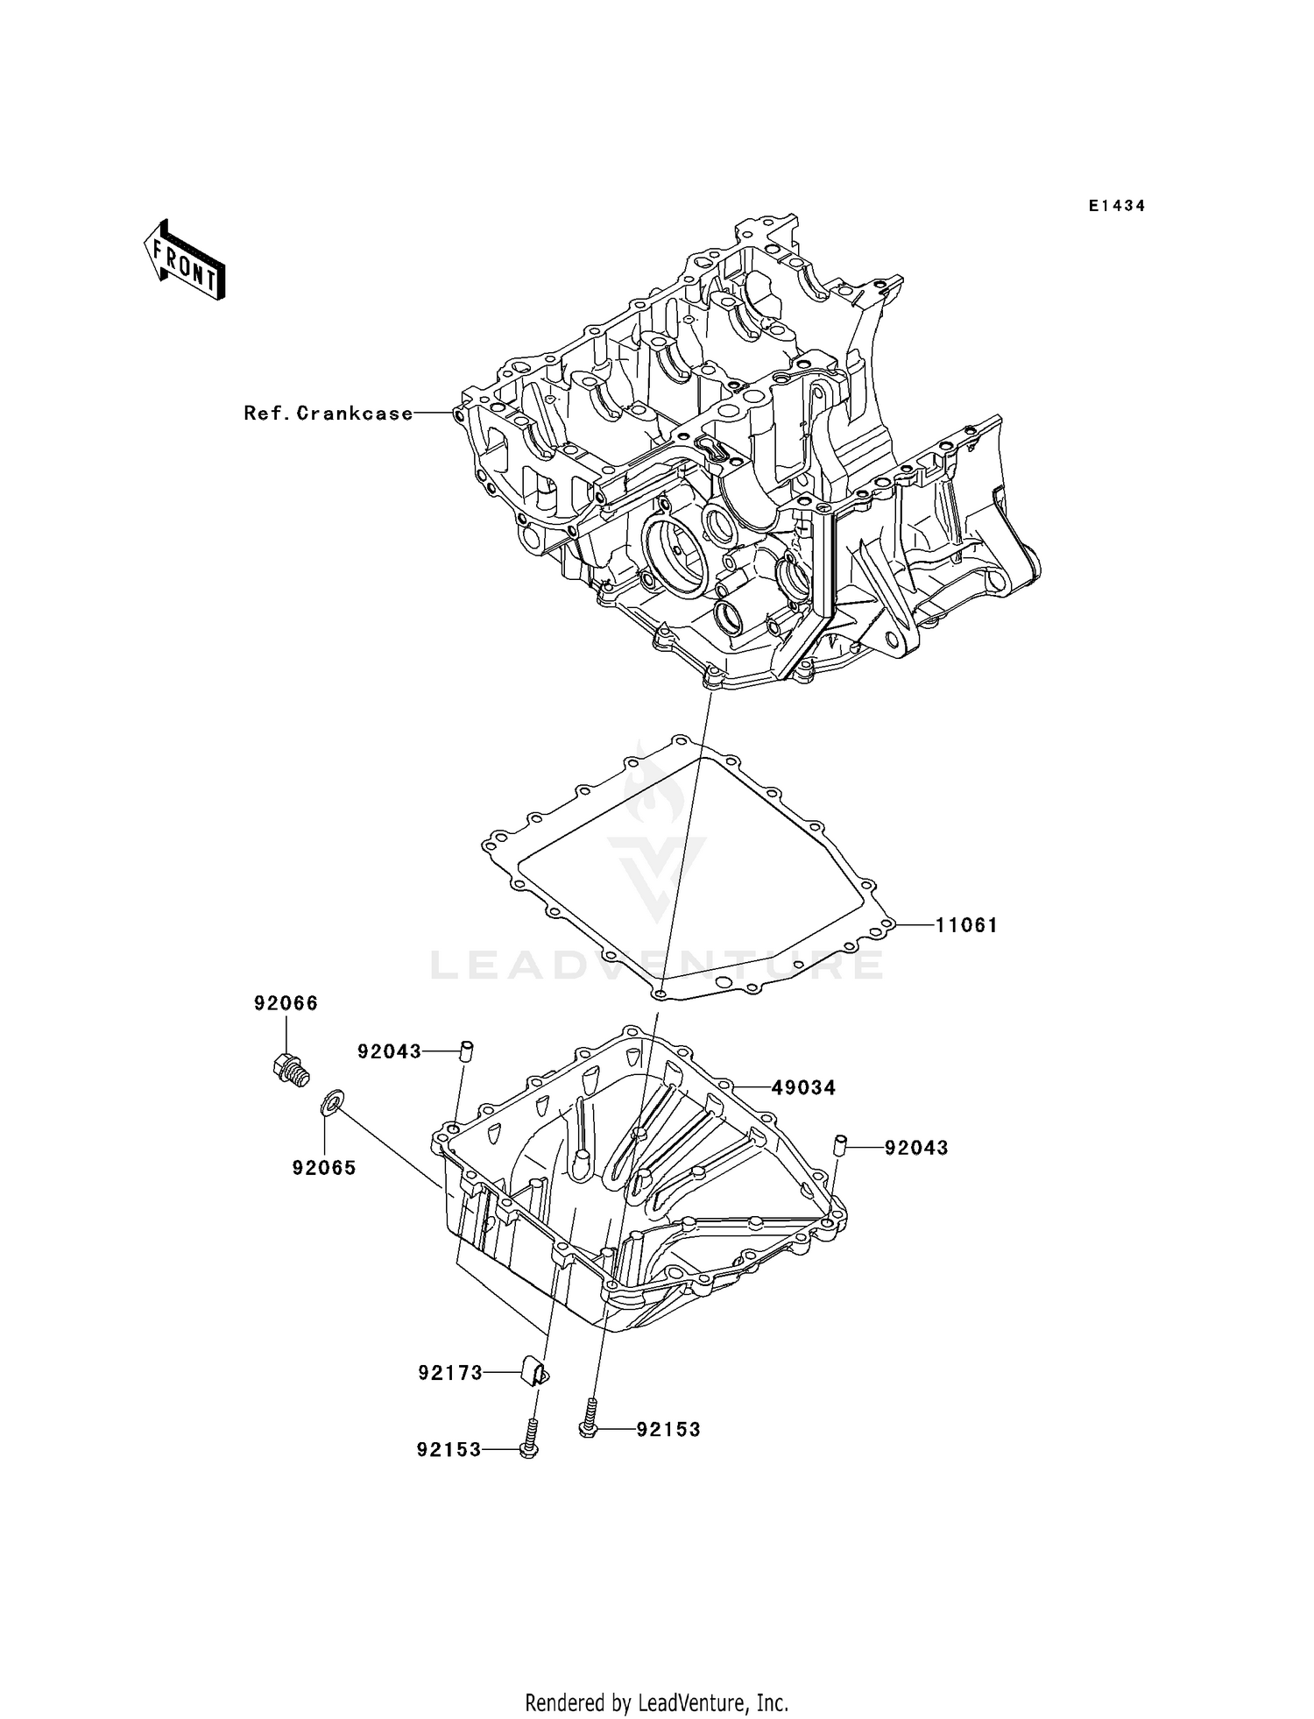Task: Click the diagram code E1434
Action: tap(1117, 206)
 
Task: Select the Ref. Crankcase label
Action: tap(328, 413)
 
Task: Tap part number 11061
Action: tap(966, 925)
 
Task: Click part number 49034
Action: tap(803, 1088)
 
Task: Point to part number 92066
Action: tap(286, 1003)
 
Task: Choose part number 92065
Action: tap(324, 1168)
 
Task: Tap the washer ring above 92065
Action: tap(333, 1101)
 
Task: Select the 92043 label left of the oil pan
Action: tap(389, 1051)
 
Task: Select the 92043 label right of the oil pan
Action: tap(916, 1148)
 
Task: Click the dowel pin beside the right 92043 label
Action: tap(838, 1145)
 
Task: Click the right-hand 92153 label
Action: tap(668, 1430)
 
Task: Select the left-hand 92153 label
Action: tap(449, 1450)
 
